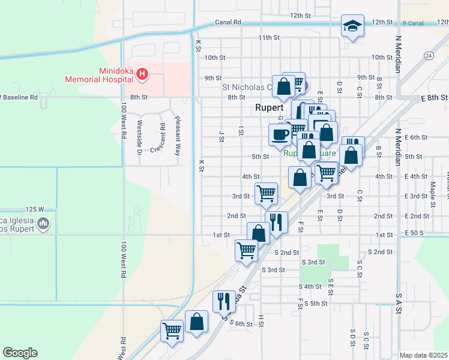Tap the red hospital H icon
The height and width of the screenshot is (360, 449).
tap(142, 75)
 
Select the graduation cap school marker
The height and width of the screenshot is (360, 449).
tap(352, 26)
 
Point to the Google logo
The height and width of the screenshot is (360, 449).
tap(20, 353)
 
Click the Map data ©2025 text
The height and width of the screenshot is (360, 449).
tap(424, 355)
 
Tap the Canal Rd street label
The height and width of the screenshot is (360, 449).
tap(228, 22)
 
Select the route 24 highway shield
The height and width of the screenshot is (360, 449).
tap(428, 56)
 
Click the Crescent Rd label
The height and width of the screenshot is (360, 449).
tap(162, 138)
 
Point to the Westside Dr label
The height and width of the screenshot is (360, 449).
tap(139, 135)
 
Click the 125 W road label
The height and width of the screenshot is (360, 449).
tap(35, 209)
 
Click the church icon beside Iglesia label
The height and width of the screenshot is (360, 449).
tap(43, 224)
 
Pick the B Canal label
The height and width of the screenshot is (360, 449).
tap(413, 23)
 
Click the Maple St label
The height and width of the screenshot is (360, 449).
tap(432, 191)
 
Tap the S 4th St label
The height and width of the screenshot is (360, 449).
tap(311, 287)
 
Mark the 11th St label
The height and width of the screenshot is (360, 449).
tap(270, 38)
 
